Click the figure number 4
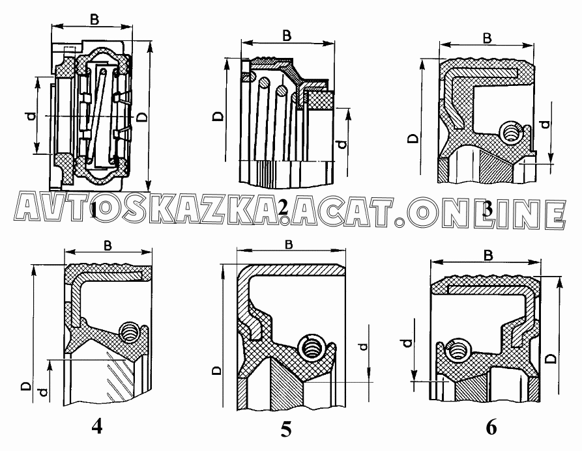coord(96,427)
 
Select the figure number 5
coord(286,430)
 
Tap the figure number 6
coord(491,428)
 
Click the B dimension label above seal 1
coord(95,20)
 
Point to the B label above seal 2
coord(287,36)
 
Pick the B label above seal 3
coord(487,38)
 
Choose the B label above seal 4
coord(108,245)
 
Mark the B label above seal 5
coord(289,244)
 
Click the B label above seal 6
coord(488,255)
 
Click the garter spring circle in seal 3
coord(511,133)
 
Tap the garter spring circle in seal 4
coord(130,331)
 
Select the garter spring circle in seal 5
coord(313,347)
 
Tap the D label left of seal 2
coord(219,116)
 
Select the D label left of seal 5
coord(217,370)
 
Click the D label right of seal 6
coord(552,359)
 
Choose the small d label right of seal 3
coord(546,124)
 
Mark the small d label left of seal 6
coord(407,343)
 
